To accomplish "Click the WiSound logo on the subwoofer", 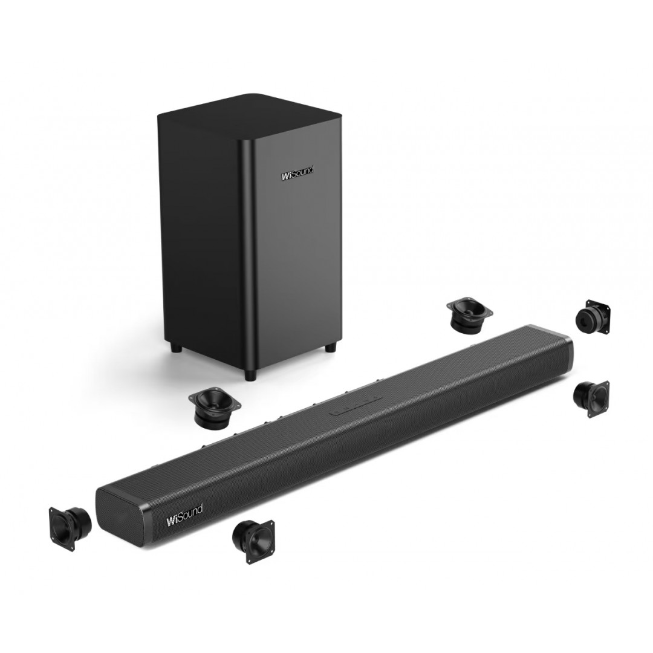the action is coord(297,174).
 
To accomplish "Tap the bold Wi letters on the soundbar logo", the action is coord(172,521).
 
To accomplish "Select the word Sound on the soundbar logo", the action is coord(190,513).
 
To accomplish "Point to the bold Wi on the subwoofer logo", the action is coord(287,177).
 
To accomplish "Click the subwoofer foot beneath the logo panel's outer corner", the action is coord(331,347).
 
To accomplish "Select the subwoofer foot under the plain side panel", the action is coord(175,347).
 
